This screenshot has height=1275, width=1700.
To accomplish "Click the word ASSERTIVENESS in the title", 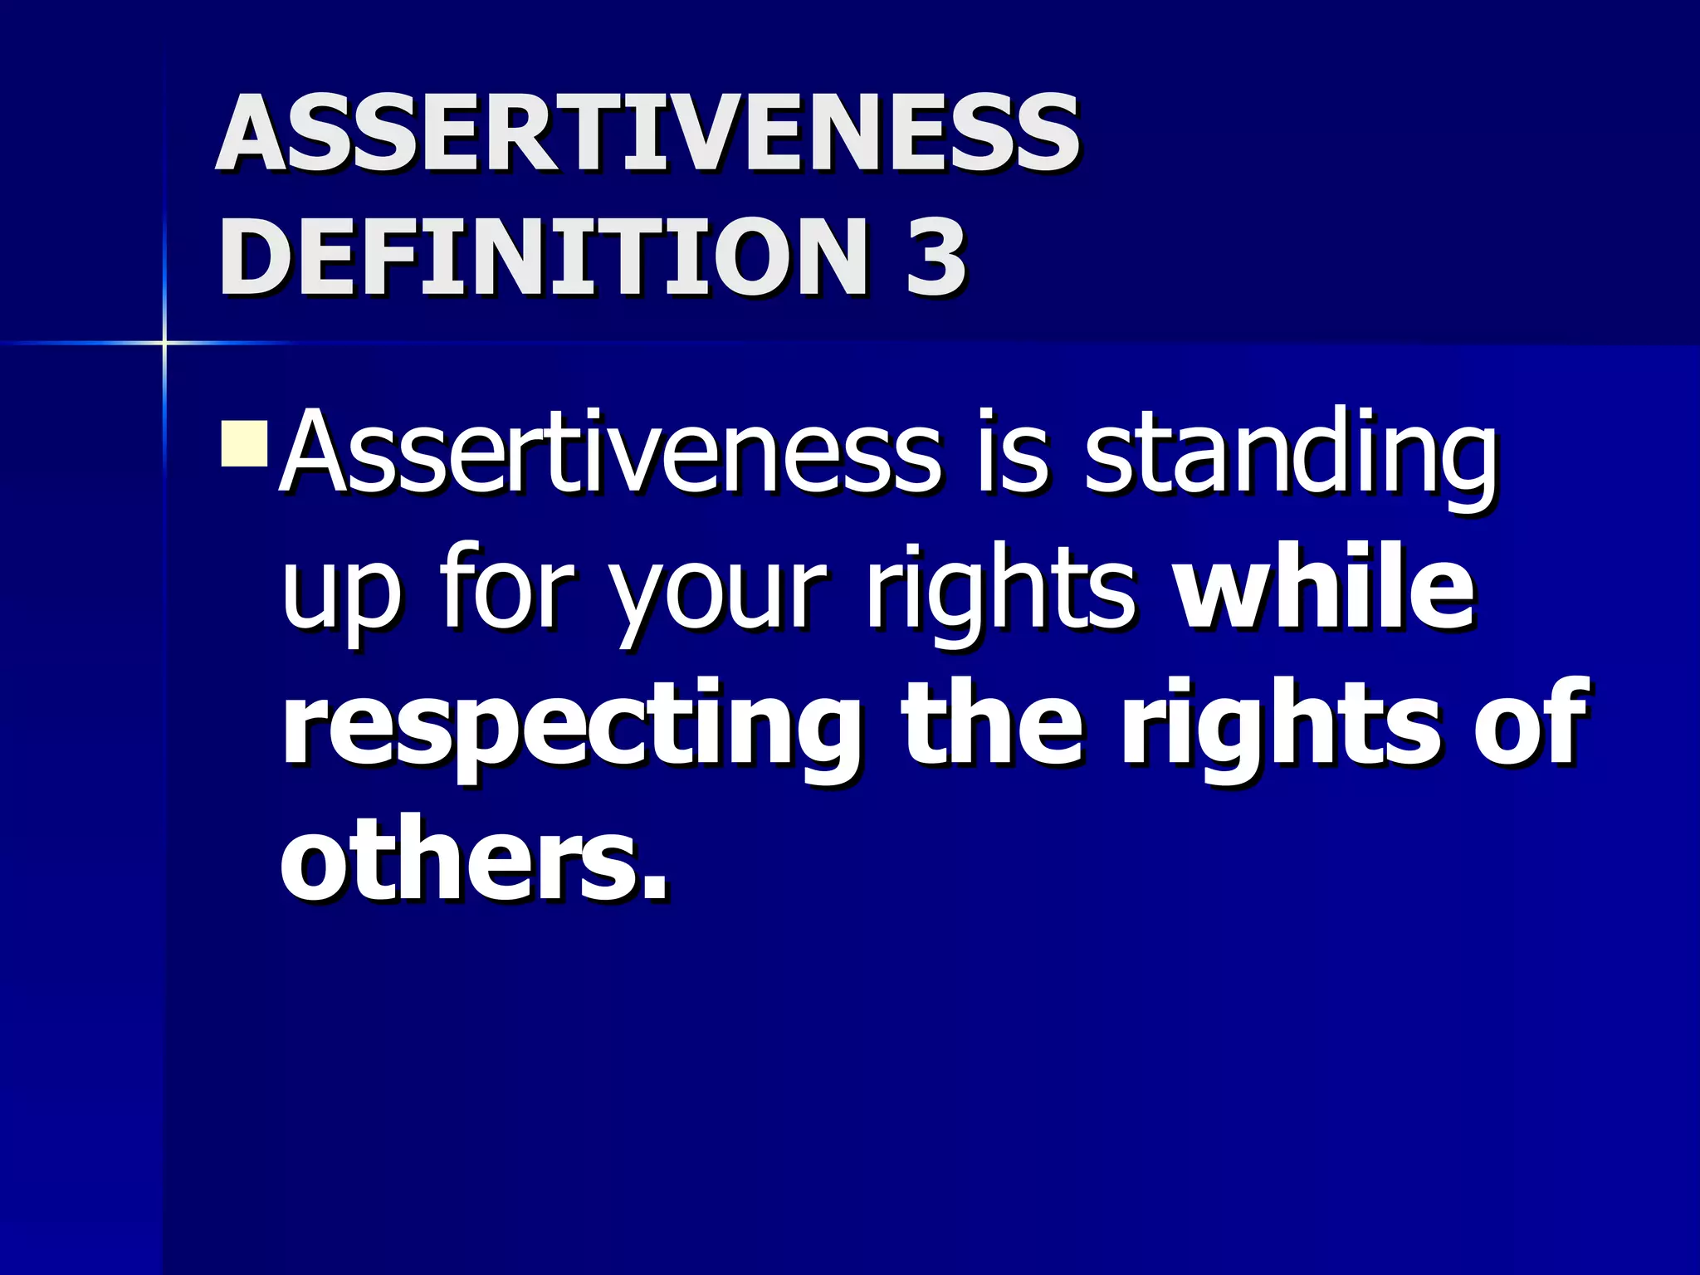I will [647, 133].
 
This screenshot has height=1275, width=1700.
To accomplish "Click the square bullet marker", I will [244, 443].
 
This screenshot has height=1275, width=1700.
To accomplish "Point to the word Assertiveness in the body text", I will [610, 452].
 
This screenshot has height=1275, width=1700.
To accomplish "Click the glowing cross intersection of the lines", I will [164, 342].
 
